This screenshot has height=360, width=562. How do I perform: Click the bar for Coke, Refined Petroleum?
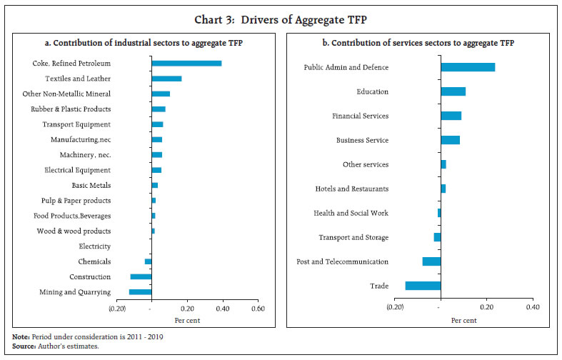pyautogui.click(x=186, y=64)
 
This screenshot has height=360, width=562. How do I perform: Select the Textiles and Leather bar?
pyautogui.click(x=166, y=79)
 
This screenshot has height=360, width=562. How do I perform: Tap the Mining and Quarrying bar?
pyautogui.click(x=140, y=292)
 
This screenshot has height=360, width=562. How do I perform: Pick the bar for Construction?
pyautogui.click(x=141, y=276)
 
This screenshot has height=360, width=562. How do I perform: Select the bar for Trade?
pyautogui.click(x=423, y=286)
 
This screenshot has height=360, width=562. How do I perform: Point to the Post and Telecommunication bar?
pyautogui.click(x=431, y=261)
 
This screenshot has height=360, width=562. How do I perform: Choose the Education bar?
pyautogui.click(x=453, y=91)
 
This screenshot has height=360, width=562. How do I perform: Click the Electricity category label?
pyautogui.click(x=94, y=246)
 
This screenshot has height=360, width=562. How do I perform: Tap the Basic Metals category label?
pyautogui.click(x=91, y=186)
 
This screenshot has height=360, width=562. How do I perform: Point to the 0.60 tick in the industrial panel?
pyautogui.click(x=258, y=309)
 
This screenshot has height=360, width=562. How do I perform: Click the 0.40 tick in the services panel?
pyautogui.click(x=532, y=307)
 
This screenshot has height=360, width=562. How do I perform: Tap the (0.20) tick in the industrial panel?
pyautogui.click(x=117, y=309)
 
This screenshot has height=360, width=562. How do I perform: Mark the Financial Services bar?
pyautogui.click(x=451, y=116)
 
